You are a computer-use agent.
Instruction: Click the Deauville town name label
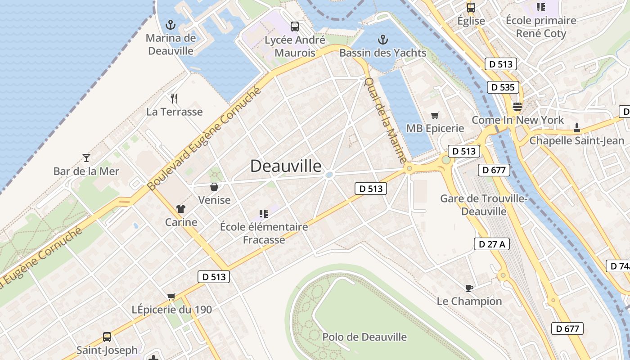tap(286, 166)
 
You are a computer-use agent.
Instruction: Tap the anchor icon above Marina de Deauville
tap(171, 24)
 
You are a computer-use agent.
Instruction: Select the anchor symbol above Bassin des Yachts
tap(382, 39)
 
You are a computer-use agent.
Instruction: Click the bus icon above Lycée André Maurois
tap(294, 27)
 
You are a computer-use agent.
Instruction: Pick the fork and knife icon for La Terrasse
tap(174, 98)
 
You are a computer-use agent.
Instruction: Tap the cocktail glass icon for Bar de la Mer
tap(86, 157)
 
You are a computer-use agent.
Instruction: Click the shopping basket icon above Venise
tap(214, 186)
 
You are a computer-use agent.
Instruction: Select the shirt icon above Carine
tap(181, 208)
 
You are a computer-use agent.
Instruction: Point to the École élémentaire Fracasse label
tap(264, 233)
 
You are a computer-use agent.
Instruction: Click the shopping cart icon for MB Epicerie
tap(435, 115)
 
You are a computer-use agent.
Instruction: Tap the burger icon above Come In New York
tap(517, 107)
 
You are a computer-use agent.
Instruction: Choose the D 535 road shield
tap(503, 87)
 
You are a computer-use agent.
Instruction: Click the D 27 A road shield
tap(492, 244)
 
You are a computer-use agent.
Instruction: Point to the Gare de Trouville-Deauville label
tap(484, 205)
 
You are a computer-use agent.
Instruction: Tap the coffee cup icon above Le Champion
tap(469, 288)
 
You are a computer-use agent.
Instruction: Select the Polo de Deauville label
tap(364, 337)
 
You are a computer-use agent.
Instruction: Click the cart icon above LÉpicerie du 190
tap(171, 297)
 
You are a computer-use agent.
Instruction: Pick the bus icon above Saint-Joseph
tap(107, 337)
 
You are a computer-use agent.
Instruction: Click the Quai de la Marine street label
tap(385, 120)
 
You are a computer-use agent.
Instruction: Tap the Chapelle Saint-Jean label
tap(576, 141)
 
